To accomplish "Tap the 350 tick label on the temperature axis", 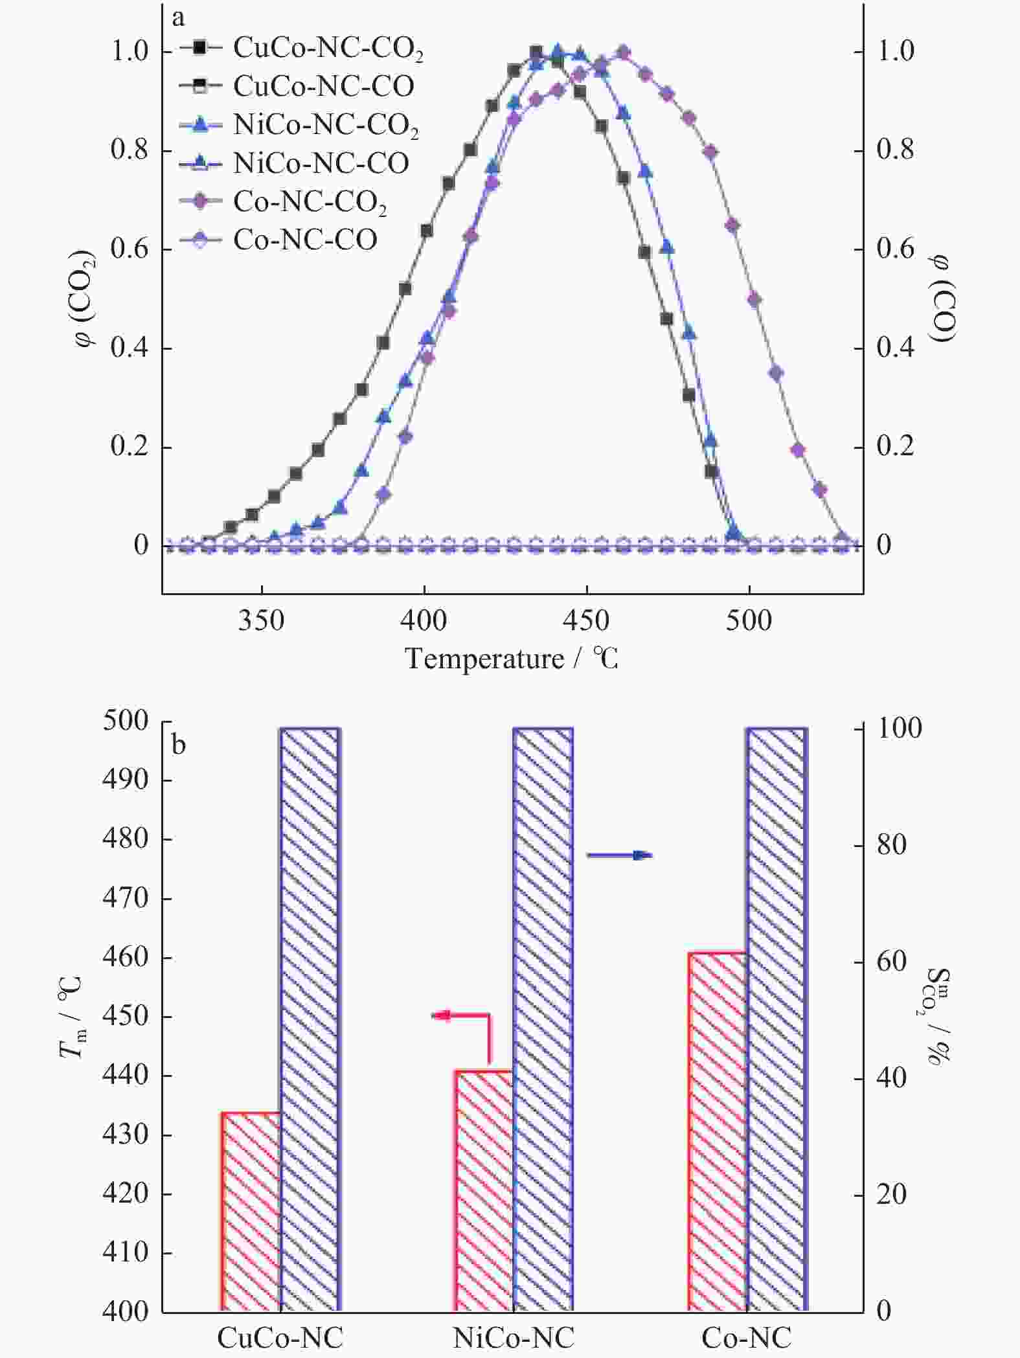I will (261, 620).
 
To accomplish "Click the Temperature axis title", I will (512, 659).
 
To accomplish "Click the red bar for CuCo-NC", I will (252, 1211).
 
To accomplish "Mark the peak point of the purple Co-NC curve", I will (623, 52).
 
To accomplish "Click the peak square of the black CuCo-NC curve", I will (536, 52).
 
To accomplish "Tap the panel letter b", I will (179, 745).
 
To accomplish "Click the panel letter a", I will (178, 18).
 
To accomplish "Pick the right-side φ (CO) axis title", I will (940, 298).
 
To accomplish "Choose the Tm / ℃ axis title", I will (71, 1015).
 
